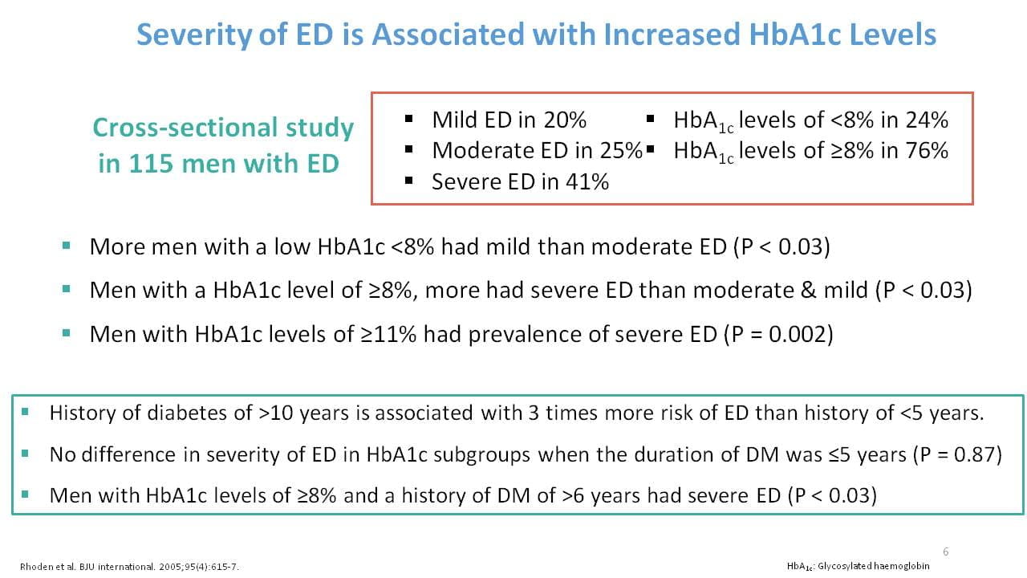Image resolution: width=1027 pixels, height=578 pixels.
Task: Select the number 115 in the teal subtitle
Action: click(x=151, y=163)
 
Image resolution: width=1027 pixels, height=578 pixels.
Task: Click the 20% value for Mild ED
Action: click(x=565, y=120)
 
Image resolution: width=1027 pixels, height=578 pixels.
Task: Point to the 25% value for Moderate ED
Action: click(x=621, y=150)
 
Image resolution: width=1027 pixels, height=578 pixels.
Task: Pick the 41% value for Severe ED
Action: click(x=587, y=181)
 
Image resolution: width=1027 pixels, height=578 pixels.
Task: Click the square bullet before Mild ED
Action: click(x=409, y=120)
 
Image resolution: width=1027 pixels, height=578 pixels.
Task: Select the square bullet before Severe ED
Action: click(x=409, y=181)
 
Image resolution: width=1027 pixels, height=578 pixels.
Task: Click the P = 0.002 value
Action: click(x=778, y=334)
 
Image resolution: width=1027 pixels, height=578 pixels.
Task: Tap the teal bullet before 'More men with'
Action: click(x=67, y=246)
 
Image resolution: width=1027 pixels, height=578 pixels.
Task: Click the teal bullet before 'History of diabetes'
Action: click(x=25, y=412)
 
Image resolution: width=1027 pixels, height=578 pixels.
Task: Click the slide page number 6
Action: click(x=945, y=552)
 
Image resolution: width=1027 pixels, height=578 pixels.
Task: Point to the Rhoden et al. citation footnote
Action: click(x=129, y=567)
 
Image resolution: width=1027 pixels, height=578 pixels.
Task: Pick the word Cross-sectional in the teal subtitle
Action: click(x=185, y=128)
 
